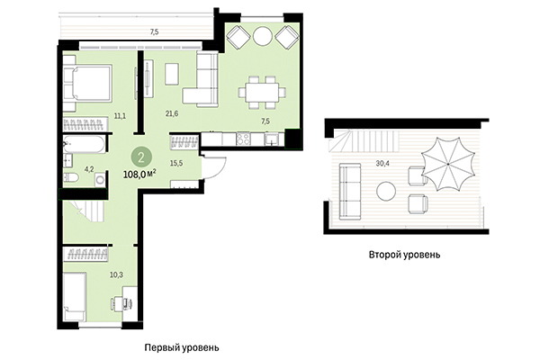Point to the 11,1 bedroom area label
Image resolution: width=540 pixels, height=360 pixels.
[120, 116]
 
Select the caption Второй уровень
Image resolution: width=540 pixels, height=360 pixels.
[404, 255]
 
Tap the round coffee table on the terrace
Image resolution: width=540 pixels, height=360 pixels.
[386, 191]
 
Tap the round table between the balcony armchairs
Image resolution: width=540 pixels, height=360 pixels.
[262, 38]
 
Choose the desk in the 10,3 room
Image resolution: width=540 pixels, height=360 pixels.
[130, 296]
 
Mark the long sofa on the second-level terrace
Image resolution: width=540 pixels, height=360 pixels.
[346, 190]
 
